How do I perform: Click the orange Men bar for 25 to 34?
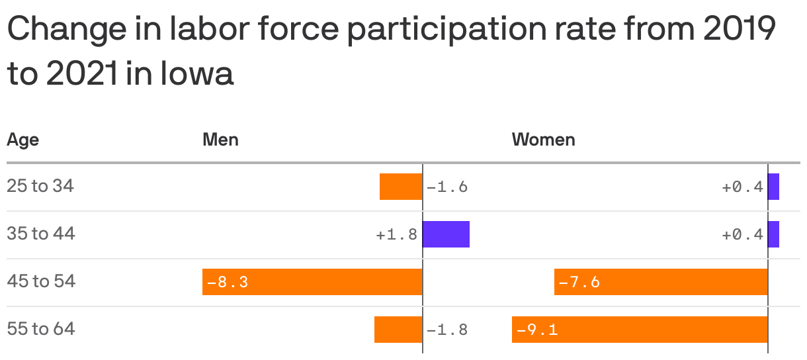[x=401, y=187]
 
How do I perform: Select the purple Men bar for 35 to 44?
[x=446, y=234]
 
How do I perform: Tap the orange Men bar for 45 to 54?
[x=312, y=282]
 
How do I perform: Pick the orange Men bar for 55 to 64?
[x=398, y=330]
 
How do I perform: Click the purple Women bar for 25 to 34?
[x=773, y=187]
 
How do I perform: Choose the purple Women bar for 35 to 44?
[x=773, y=234]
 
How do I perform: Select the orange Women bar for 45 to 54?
[x=661, y=282]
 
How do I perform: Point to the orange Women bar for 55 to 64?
[x=640, y=330]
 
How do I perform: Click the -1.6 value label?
[x=447, y=187]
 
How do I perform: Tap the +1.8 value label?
[x=397, y=235]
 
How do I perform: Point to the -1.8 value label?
[x=447, y=330]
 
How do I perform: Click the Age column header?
[x=22, y=140]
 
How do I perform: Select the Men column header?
[x=220, y=140]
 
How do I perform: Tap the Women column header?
[x=544, y=140]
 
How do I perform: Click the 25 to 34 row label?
[x=40, y=187]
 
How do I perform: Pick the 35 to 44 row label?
[x=41, y=234]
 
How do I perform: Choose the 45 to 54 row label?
[x=41, y=281]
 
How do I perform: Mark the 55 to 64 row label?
[x=41, y=329]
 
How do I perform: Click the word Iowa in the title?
[x=197, y=73]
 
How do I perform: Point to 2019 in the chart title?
[x=740, y=28]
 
